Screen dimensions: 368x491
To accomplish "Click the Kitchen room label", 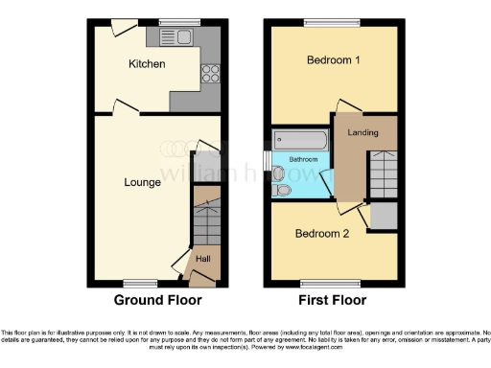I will (x=148, y=64).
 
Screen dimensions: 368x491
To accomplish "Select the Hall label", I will (x=203, y=258).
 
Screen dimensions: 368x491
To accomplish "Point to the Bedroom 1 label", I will (x=333, y=60).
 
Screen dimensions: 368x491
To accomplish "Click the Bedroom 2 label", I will (x=320, y=233).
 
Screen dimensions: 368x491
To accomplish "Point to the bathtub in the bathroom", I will (x=300, y=140).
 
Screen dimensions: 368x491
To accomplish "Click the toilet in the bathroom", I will (x=281, y=191).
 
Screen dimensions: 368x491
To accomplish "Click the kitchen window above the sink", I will (x=173, y=22).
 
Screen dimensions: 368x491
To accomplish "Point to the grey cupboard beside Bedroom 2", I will (x=384, y=215).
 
